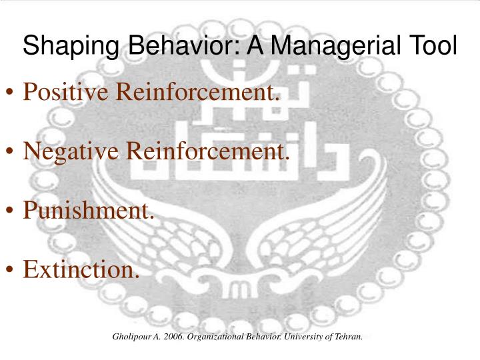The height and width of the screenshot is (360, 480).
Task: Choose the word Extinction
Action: (82, 269)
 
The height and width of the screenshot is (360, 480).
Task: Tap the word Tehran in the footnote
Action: (349, 337)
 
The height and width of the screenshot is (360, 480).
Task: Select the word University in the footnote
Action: (304, 337)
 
